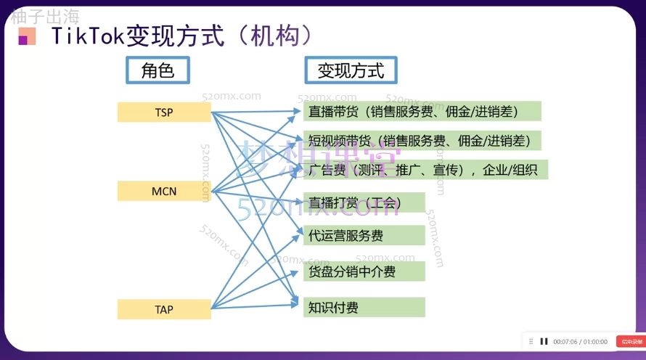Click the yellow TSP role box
[164, 112]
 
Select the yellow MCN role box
[164, 192]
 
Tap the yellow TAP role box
[164, 309]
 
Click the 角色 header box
[158, 70]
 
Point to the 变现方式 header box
[351, 70]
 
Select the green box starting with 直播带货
[422, 112]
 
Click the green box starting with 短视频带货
[422, 141]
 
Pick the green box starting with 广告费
[425, 170]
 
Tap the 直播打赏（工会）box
[364, 202]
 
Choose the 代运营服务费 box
[364, 235]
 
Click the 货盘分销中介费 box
[364, 271]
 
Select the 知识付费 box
[364, 308]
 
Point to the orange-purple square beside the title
[28, 36]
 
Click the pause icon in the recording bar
[544, 341]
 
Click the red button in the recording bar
[629, 341]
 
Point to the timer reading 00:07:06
[566, 342]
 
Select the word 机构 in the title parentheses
[270, 36]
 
